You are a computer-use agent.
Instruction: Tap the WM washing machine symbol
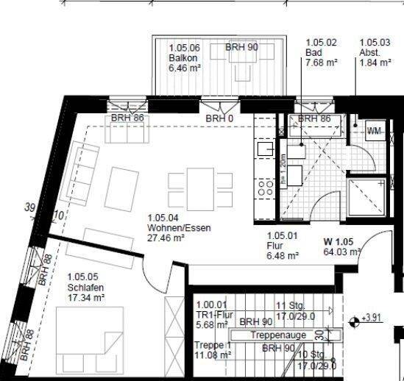tap(375, 131)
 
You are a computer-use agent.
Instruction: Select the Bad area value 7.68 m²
tap(322, 64)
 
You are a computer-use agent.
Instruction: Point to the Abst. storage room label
tap(370, 54)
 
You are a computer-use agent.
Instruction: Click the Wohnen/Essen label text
tap(179, 228)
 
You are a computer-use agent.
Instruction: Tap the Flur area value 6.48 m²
tap(283, 256)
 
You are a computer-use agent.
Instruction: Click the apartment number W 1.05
tap(339, 241)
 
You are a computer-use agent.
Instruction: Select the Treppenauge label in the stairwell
tap(277, 335)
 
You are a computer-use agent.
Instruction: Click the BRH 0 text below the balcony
tap(220, 118)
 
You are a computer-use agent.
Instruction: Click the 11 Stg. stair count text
tap(291, 305)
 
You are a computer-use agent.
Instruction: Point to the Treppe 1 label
tap(213, 345)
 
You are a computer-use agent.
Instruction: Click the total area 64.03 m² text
tap(341, 252)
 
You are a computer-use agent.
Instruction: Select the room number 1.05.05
tap(82, 277)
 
